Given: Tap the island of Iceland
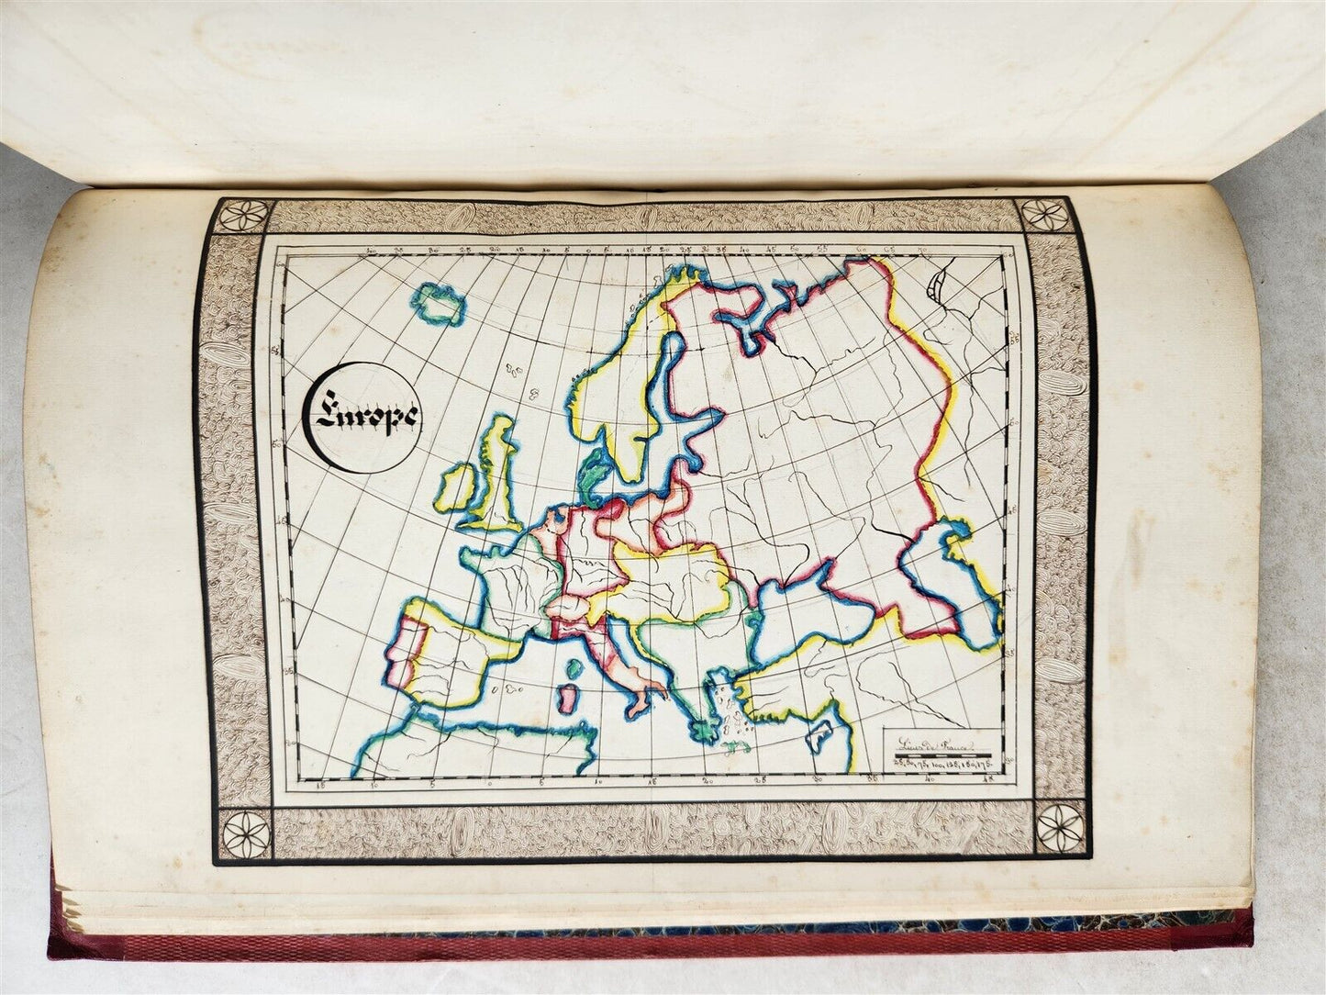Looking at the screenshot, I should click(x=438, y=305).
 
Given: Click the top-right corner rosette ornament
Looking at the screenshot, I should click(x=1043, y=215).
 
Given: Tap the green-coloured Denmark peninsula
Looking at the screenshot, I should click(x=593, y=478).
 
